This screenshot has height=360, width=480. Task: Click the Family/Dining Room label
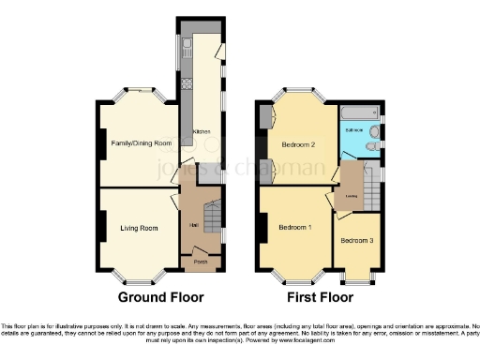(142, 142)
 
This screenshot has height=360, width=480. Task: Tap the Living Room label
(137, 228)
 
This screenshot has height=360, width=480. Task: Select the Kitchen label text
(202, 132)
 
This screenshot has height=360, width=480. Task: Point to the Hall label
(192, 226)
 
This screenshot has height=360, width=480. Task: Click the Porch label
(200, 262)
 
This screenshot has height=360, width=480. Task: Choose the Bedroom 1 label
(296, 228)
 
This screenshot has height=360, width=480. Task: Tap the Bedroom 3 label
(356, 241)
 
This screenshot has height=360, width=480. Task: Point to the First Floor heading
(314, 297)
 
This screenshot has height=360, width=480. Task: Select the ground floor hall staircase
(212, 220)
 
